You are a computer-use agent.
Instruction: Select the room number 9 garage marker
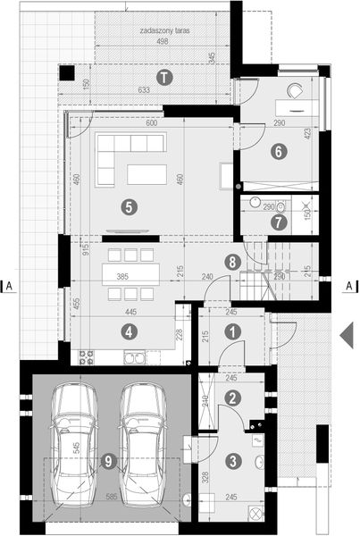pyautogui.click(x=108, y=461)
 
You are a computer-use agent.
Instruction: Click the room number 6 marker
pyautogui.click(x=279, y=151)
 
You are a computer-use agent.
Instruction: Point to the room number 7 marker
pyautogui.click(x=280, y=221)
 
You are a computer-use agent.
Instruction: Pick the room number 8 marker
pyautogui.click(x=233, y=263)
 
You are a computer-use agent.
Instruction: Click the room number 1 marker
pyautogui.click(x=233, y=331)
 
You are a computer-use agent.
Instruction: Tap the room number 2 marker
pyautogui.click(x=233, y=398)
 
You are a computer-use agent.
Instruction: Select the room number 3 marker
pyautogui.click(x=233, y=461)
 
